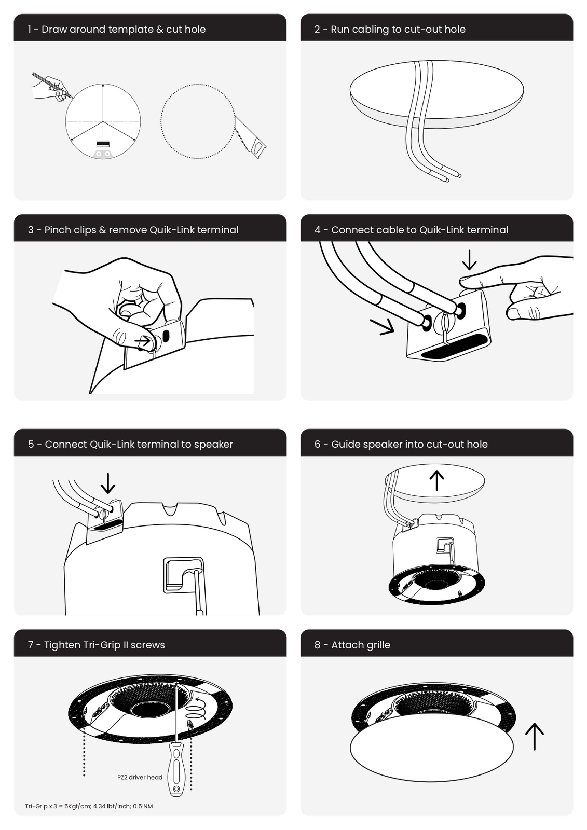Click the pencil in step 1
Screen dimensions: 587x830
coord(52,85)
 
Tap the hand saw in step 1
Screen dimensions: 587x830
coord(250,137)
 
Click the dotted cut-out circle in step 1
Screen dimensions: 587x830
coord(198,121)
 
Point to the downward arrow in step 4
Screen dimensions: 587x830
coord(469,260)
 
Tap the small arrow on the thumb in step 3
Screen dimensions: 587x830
coord(143,340)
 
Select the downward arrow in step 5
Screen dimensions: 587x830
coord(108,483)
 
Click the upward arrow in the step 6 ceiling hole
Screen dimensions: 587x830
coord(437,480)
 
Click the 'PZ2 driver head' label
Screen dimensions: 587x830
coord(140,778)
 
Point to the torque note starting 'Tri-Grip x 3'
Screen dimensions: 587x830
coord(89,806)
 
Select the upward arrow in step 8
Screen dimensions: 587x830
coord(535,736)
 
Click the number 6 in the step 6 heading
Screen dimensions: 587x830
coord(317,444)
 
